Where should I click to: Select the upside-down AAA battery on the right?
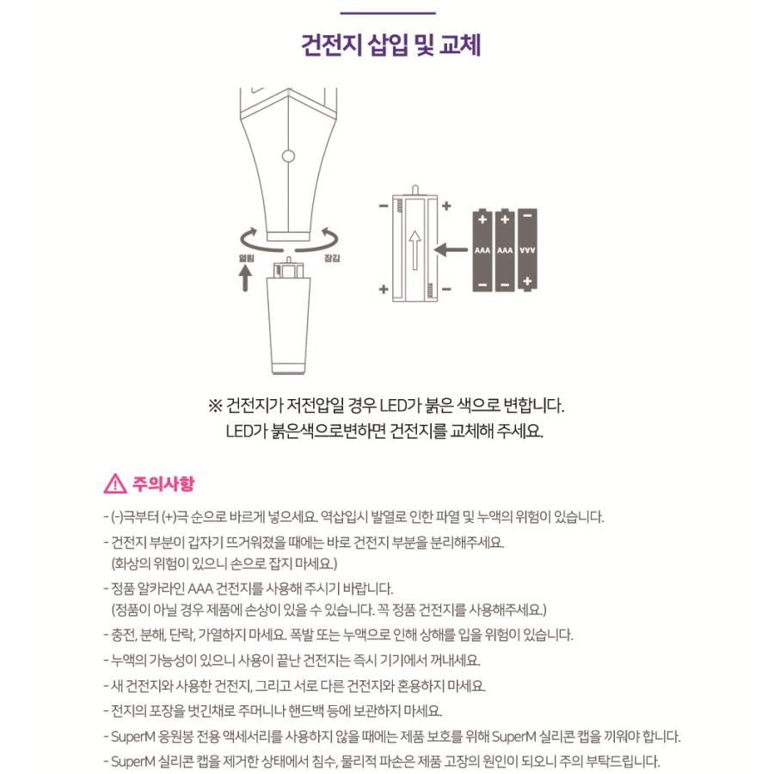pyautogui.click(x=527, y=250)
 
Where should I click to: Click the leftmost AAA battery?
pyautogui.click(x=482, y=250)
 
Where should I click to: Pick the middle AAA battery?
pyautogui.click(x=505, y=250)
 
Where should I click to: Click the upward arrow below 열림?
pyautogui.click(x=245, y=279)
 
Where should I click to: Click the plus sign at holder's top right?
pyautogui.click(x=445, y=206)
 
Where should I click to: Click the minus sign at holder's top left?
pyautogui.click(x=384, y=206)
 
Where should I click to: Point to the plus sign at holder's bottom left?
pyautogui.click(x=384, y=290)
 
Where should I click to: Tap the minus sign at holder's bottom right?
pyautogui.click(x=445, y=290)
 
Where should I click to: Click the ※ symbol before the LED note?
pyautogui.click(x=215, y=405)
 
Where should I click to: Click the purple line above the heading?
pyautogui.click(x=388, y=13)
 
